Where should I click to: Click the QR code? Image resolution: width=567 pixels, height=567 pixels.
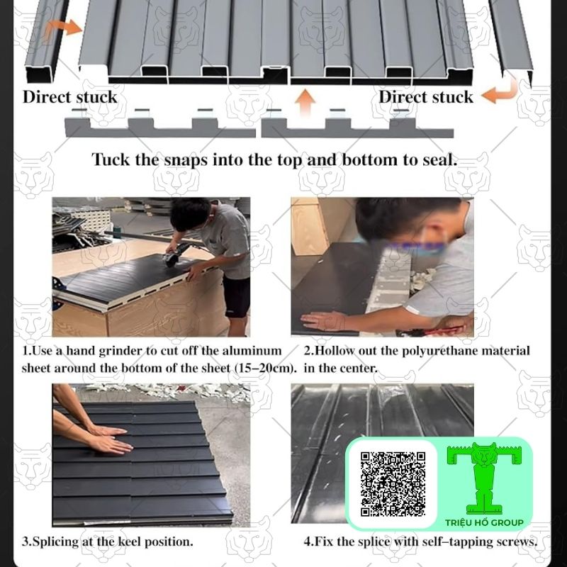tap(393, 483)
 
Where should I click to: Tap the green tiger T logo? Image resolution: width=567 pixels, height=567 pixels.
tap(484, 478)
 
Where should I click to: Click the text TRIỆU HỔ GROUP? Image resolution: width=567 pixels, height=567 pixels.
tap(484, 522)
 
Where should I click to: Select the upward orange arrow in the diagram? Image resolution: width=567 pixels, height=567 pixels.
tap(305, 102)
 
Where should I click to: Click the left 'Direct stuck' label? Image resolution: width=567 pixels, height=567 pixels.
tap(69, 97)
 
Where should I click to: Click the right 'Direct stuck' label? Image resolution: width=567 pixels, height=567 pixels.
tap(426, 97)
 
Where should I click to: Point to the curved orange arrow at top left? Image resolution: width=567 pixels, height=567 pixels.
tap(62, 29)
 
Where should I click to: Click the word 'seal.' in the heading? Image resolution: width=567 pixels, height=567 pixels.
tap(439, 160)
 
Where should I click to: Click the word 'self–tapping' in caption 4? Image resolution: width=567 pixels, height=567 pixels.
tap(456, 541)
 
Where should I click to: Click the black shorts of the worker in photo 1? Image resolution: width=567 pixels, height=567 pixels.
tap(237, 297)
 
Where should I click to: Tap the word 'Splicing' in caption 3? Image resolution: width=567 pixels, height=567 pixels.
tap(55, 541)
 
